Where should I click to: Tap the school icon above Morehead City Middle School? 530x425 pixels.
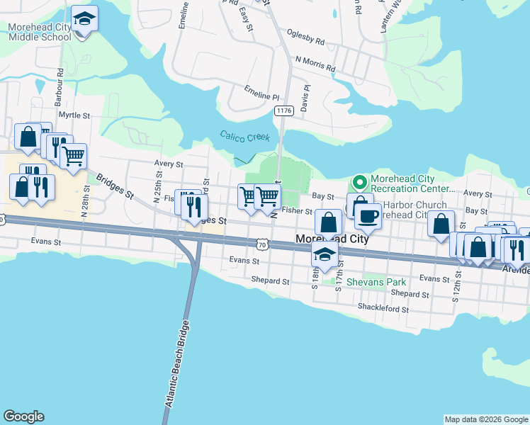coord(85,19)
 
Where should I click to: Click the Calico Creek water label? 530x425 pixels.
coord(244,136)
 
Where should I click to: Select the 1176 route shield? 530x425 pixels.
coord(284,110)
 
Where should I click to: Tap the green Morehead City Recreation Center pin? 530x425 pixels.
coord(360,183)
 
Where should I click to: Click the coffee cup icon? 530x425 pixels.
coord(368,216)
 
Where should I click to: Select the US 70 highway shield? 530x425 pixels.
coord(263,244)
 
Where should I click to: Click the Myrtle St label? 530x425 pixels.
coord(74,114)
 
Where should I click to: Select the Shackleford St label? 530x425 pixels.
coord(383,308)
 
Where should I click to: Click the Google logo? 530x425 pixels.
coord(23,416)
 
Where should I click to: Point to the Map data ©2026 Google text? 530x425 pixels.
coord(485,419)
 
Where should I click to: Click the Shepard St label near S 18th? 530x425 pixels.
coord(271,280)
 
